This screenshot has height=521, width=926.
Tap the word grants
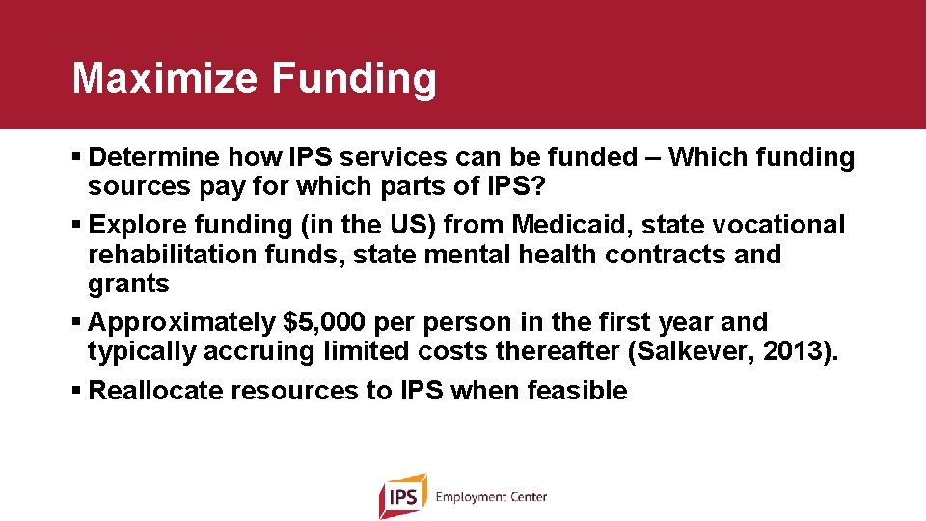point(128,284)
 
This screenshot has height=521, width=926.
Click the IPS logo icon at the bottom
point(402,496)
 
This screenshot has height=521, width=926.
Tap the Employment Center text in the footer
point(491,497)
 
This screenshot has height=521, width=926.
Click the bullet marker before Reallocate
point(77,391)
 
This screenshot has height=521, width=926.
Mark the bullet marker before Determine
point(77,157)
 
